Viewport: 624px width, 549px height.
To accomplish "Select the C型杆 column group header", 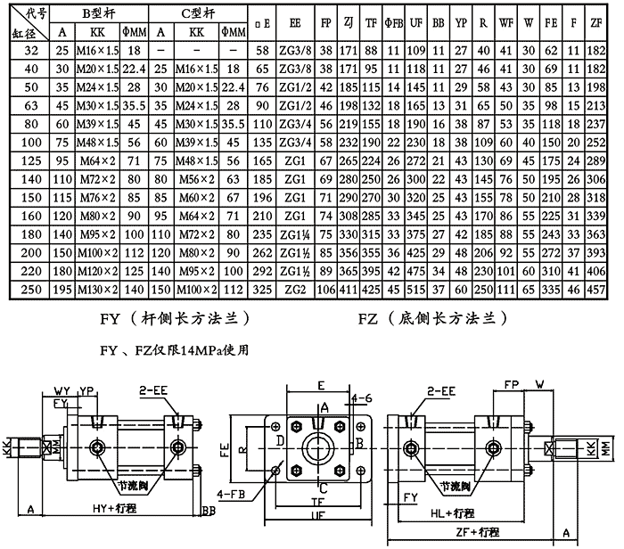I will point(193,12).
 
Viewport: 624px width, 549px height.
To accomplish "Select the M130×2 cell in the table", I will point(92,290).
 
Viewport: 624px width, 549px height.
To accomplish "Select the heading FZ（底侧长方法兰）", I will point(432,317).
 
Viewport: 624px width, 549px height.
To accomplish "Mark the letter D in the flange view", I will point(281,441).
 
